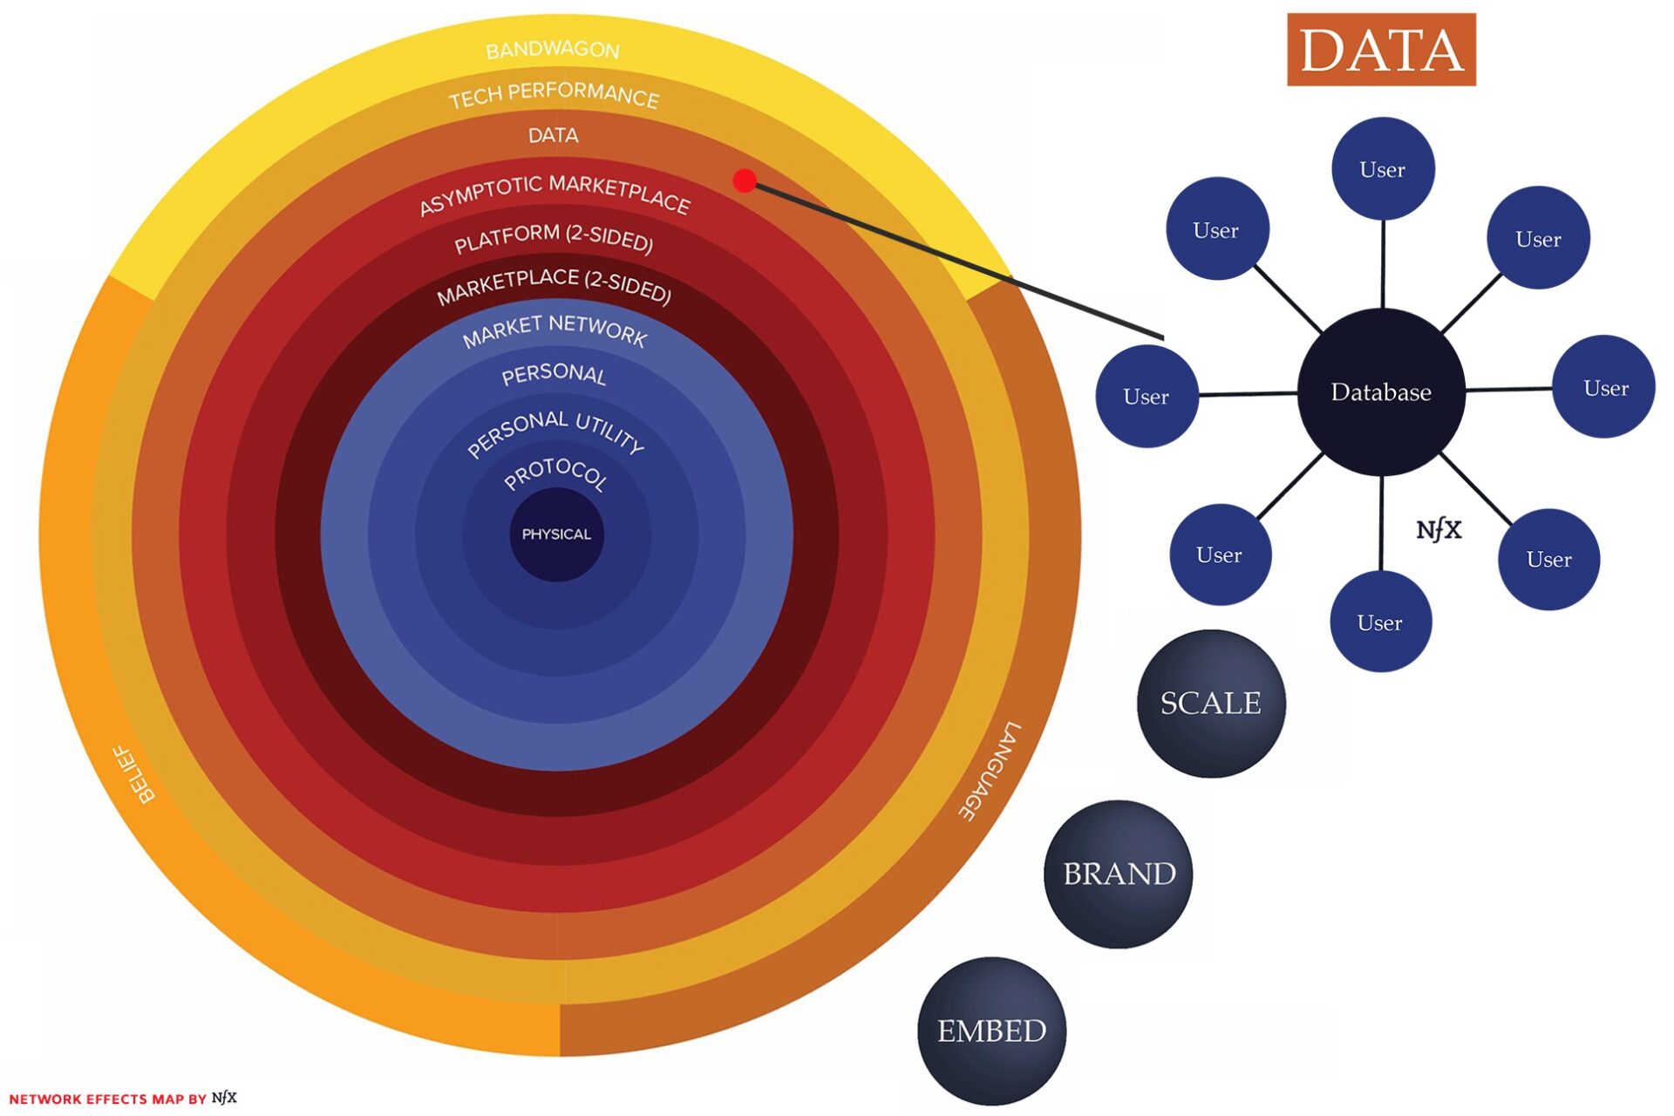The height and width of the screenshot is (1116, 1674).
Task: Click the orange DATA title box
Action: coord(1380,50)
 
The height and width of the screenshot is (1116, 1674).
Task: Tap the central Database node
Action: coord(1381,392)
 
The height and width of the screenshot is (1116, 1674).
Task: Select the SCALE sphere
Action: coord(1211,703)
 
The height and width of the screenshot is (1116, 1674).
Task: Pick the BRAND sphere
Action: coord(1119,874)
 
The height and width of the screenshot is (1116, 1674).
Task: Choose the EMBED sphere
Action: coord(992,1031)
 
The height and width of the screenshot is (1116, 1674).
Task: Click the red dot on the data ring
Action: coord(745,180)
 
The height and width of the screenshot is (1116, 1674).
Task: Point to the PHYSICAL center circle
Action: coord(556,534)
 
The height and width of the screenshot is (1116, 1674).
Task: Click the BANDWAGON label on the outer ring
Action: coord(553,50)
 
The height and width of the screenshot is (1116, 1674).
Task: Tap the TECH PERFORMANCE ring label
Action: coord(554,94)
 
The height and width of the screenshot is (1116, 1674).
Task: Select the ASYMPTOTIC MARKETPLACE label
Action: coord(555,194)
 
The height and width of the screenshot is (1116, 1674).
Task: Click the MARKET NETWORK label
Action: coord(555,330)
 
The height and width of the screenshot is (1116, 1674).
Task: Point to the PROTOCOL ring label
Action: coord(555,473)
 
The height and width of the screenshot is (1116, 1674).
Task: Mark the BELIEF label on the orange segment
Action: coord(136,773)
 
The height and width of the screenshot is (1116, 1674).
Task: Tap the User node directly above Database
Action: coord(1383,169)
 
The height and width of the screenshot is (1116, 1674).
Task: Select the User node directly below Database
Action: coord(1380,622)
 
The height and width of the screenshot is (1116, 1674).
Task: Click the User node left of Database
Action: coord(1147,397)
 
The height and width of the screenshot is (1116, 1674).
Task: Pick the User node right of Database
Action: coord(1605,388)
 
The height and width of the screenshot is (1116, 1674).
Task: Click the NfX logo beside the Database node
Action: coord(1439,529)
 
